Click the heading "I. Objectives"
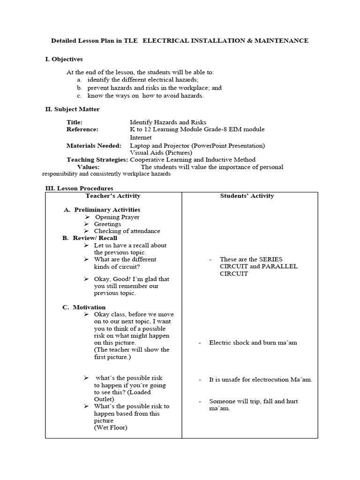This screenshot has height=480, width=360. (x=64, y=59)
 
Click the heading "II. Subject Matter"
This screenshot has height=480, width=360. (x=72, y=109)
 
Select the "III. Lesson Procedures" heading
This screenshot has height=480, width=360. (x=79, y=188)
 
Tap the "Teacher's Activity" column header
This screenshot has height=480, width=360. (x=113, y=196)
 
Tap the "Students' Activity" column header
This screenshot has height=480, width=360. (x=247, y=196)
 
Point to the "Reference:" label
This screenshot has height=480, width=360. (x=82, y=129)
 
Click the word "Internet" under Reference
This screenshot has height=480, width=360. (x=141, y=138)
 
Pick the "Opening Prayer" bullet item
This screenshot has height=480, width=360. (x=117, y=217)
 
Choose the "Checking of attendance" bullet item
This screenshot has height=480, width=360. (x=127, y=231)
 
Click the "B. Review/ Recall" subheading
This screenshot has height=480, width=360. (x=90, y=238)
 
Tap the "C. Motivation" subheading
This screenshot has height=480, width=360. (x=84, y=307)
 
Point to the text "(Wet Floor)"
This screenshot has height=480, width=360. (x=111, y=427)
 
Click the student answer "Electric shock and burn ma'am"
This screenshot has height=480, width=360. (x=253, y=343)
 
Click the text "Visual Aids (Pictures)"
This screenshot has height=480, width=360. (x=161, y=153)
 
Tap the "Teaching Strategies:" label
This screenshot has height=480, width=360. (x=97, y=160)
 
